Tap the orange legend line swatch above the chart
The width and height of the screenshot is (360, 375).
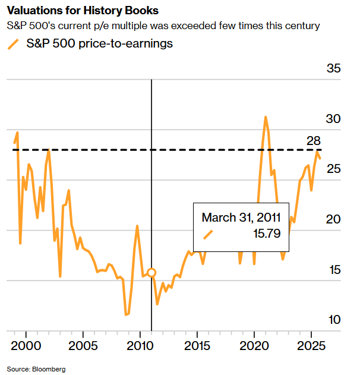(x=12, y=45)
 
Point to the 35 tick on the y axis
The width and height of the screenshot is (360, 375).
(x=334, y=69)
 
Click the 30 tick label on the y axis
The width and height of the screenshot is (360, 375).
(x=334, y=119)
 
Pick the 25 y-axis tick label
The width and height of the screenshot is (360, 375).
(x=334, y=170)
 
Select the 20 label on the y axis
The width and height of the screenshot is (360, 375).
(x=334, y=220)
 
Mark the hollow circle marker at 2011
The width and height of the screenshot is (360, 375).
(x=151, y=273)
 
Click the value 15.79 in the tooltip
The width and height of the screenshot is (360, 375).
(x=268, y=234)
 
